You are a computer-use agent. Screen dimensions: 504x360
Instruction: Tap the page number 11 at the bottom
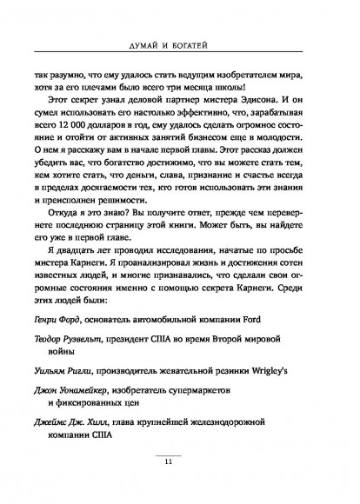coord(180,484)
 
